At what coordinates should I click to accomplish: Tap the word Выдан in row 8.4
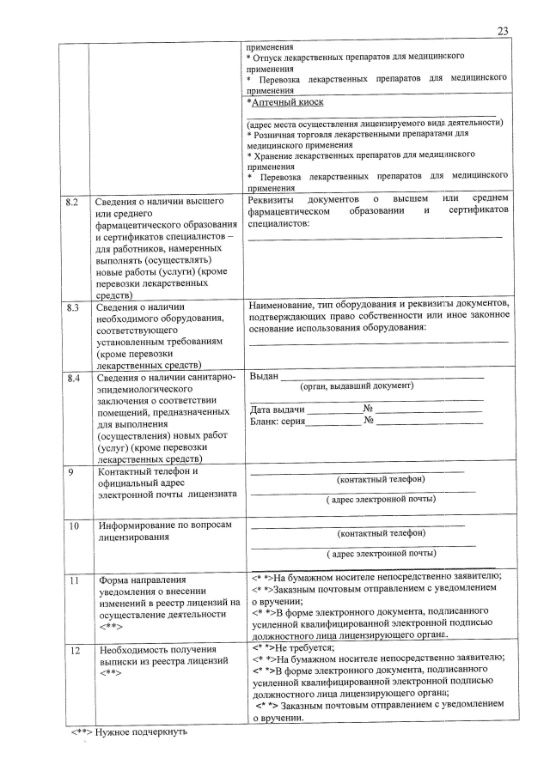point(263,376)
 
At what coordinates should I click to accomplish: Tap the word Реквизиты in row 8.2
point(273,199)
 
